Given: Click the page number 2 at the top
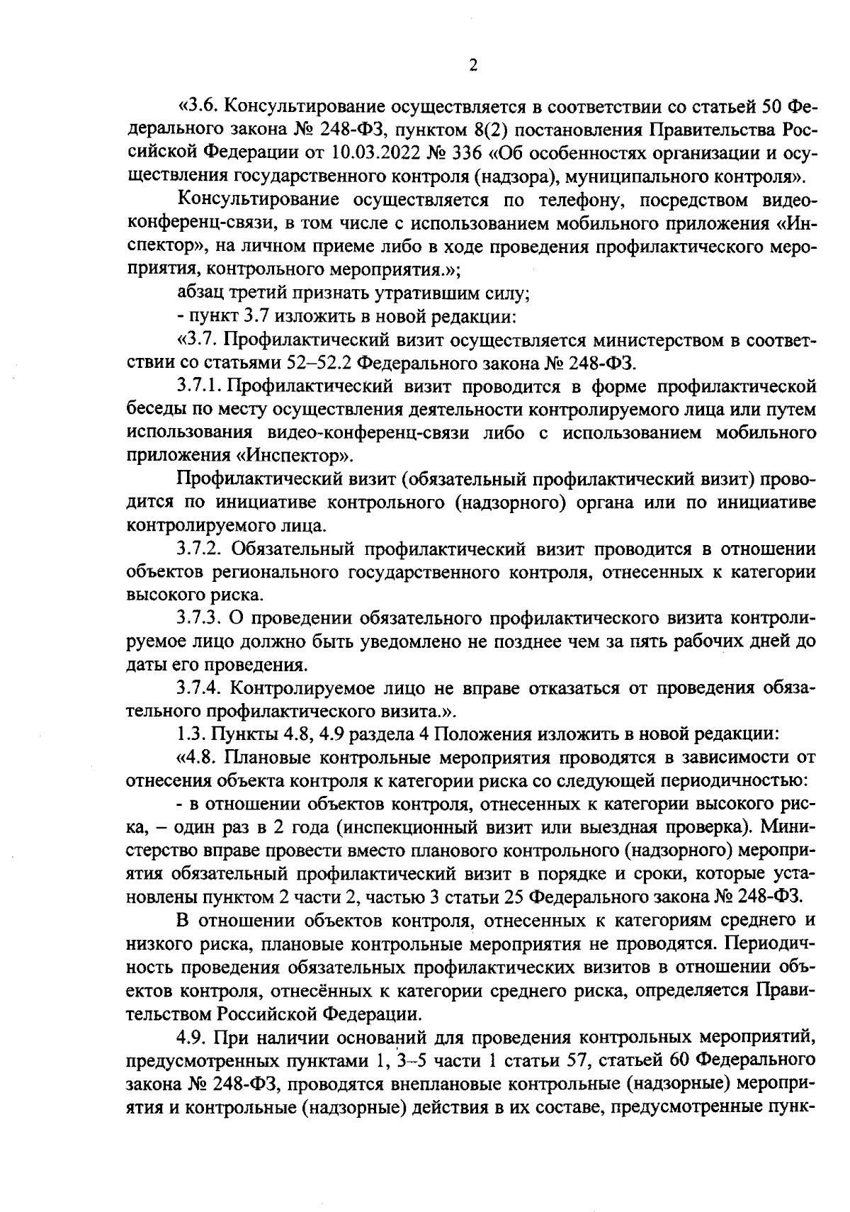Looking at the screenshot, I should point(473,66).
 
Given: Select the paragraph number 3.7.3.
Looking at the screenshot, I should point(200,618).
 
